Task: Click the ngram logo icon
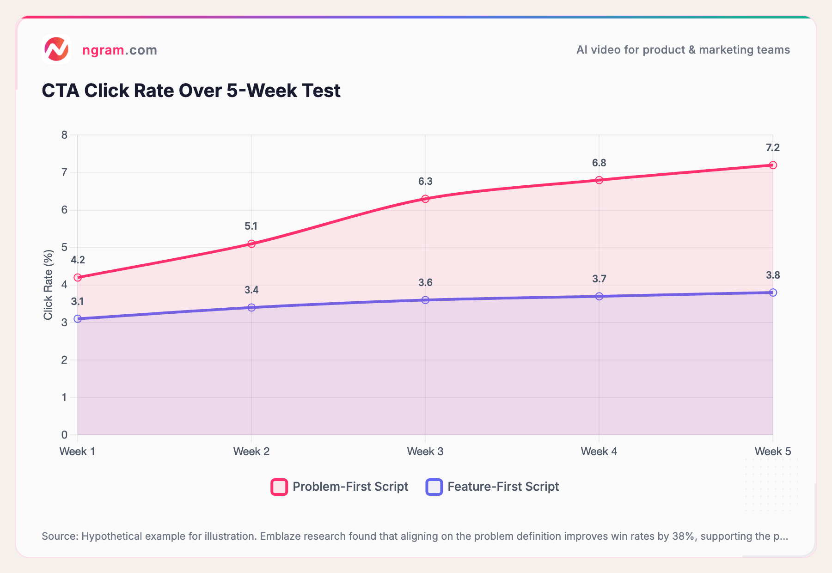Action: (56, 49)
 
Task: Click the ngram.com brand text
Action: (119, 50)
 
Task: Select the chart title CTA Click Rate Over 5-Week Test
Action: (191, 91)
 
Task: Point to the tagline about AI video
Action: (683, 50)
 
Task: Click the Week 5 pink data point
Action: (773, 165)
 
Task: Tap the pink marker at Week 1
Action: (78, 277)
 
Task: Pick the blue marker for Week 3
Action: (425, 300)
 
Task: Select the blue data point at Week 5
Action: (773, 293)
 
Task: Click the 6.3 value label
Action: (425, 181)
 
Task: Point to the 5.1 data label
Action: (251, 226)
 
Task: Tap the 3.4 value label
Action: (251, 290)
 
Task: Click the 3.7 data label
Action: (599, 279)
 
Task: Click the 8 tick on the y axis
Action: (64, 135)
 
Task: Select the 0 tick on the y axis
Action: (64, 434)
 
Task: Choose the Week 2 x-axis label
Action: (251, 451)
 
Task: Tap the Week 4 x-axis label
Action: (599, 451)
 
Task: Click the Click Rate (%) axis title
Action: (48, 285)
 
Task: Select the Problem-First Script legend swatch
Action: (279, 487)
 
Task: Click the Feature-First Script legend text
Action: (503, 487)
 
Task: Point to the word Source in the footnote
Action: (60, 536)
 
